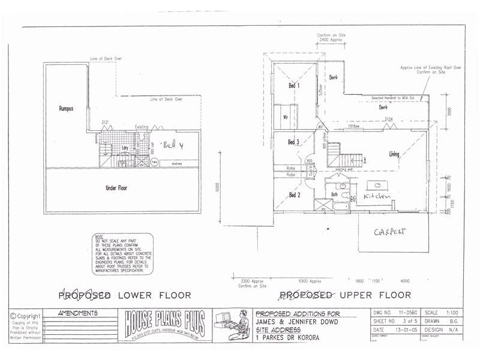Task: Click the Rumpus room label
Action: (66, 109)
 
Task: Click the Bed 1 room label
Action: (293, 86)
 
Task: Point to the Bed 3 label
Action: (293, 142)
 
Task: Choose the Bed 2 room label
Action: (293, 195)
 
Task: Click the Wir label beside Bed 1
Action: (286, 117)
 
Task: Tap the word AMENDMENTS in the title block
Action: (79, 313)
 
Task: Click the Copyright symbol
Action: (13, 316)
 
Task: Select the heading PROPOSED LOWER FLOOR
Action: (124, 295)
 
